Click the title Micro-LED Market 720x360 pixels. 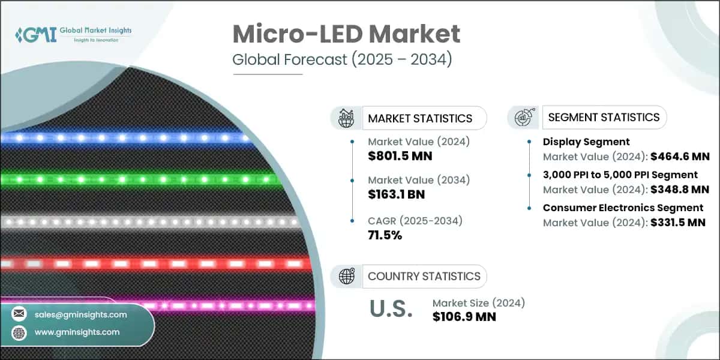coord(346,35)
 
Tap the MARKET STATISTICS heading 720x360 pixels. coord(419,118)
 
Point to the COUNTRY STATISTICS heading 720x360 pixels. coord(424,276)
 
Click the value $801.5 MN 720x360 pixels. coord(400,157)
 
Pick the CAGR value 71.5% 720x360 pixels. coord(384,235)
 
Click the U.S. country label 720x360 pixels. coord(391,309)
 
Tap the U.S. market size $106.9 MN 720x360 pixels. coord(464,316)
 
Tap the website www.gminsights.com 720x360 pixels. coord(77,332)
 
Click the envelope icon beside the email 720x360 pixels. coord(19,314)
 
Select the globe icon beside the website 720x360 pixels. coord(19,332)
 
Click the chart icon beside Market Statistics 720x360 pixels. coord(346,118)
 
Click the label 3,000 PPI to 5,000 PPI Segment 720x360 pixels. coord(620,175)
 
